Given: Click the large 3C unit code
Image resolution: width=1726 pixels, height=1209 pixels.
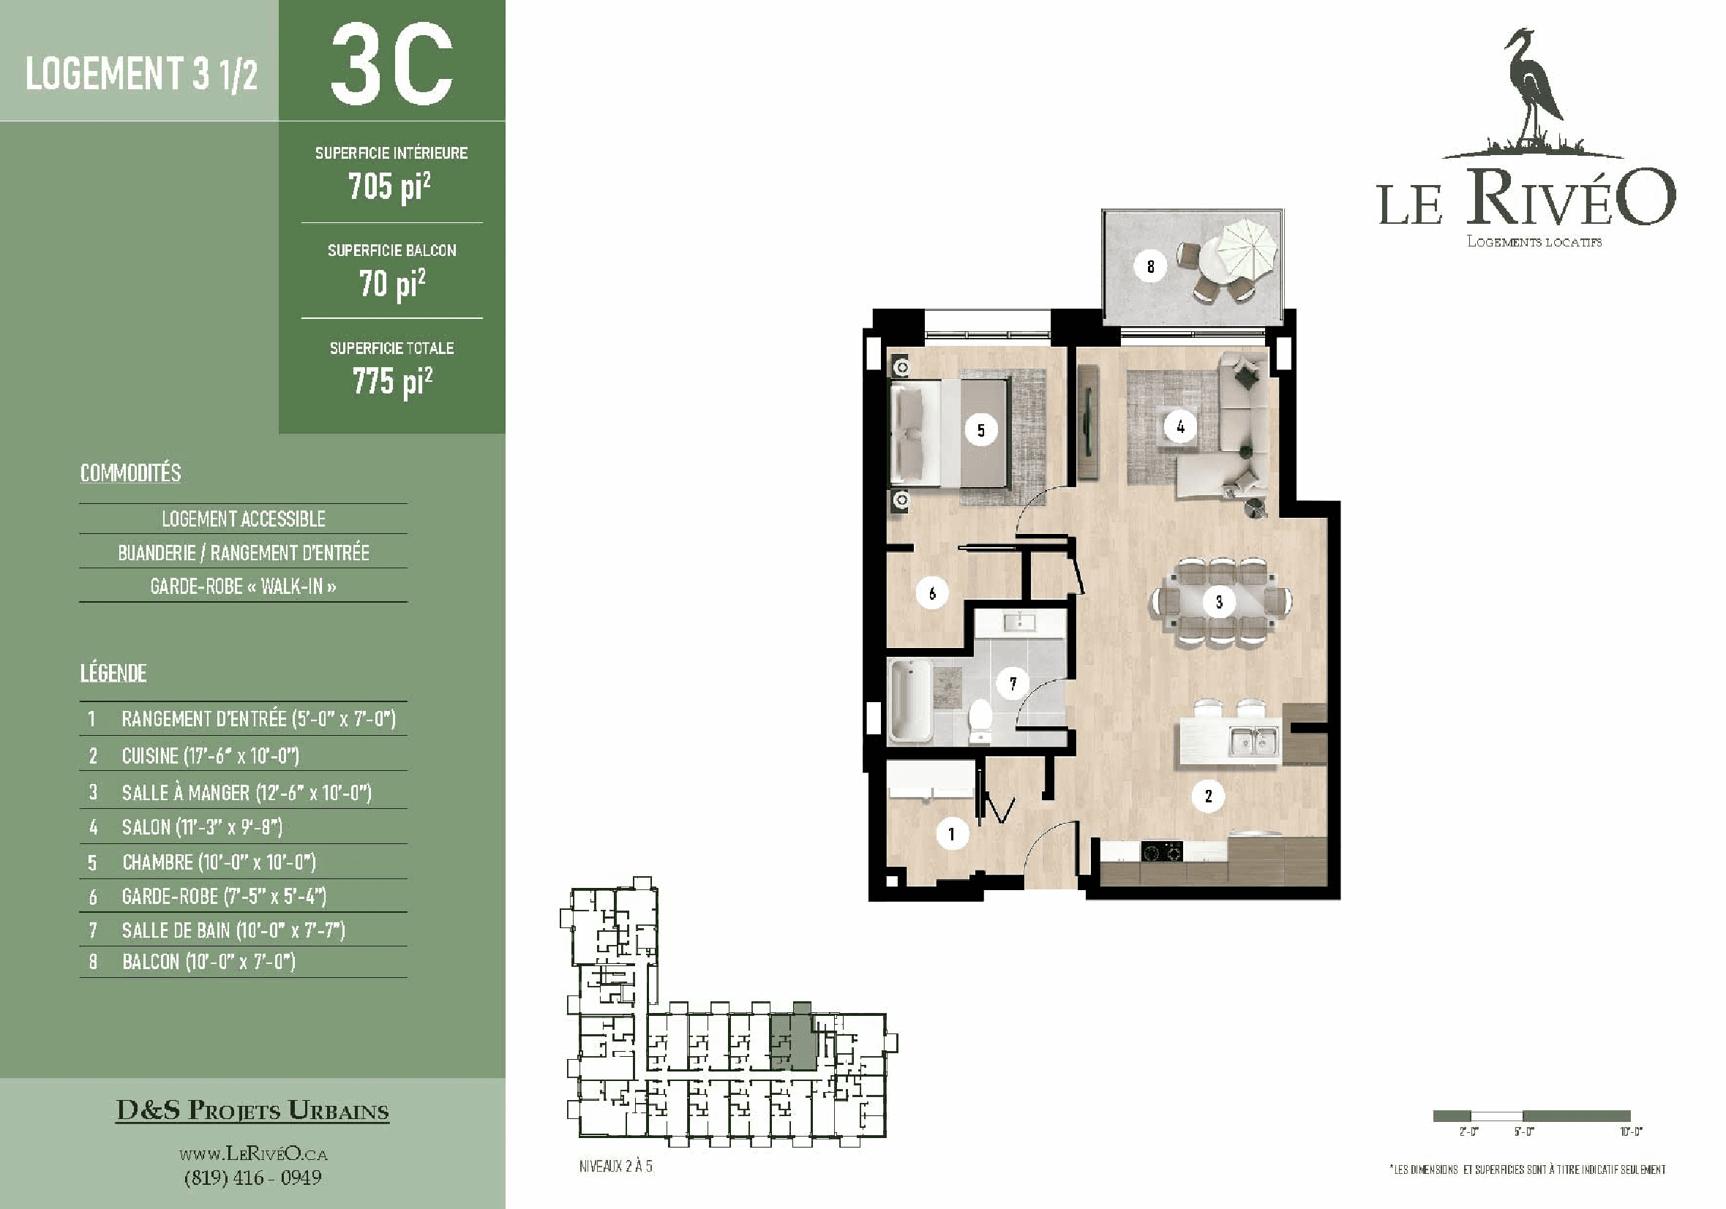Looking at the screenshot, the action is pos(391,64).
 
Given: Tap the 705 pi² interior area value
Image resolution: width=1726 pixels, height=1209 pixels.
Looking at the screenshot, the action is pos(389,187).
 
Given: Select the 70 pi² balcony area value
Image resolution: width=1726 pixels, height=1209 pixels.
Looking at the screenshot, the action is pos(391,284).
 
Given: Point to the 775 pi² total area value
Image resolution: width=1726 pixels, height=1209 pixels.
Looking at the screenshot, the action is pos(392,382).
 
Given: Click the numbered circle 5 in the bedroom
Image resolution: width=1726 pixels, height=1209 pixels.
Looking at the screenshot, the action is pos(980,431).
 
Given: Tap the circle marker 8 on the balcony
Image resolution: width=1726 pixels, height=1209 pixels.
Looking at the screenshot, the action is pos(1150,266).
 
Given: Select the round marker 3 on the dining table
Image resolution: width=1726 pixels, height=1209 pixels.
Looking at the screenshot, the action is pos(1218,602).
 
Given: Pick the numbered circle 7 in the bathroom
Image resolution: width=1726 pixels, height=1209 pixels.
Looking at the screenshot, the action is pos(1013,684).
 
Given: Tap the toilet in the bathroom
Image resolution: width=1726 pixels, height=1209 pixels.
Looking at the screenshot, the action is pos(980,720).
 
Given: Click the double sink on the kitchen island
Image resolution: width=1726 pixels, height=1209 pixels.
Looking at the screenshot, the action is pos(1253,742).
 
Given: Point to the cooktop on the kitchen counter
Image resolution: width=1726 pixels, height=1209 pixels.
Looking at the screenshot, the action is pos(1161,852).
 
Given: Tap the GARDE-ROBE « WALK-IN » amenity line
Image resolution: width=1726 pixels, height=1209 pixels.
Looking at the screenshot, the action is pos(243,586).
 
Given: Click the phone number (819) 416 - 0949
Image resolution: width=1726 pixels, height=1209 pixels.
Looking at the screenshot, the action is pos(252,1178).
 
